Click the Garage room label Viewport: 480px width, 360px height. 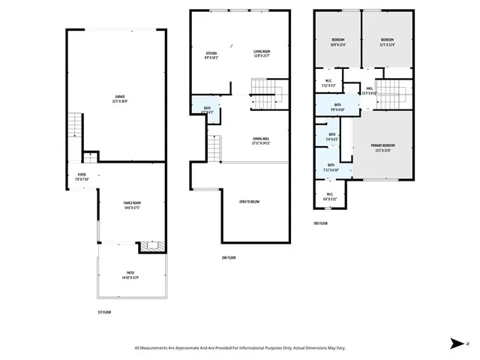pyautogui.click(x=120, y=99)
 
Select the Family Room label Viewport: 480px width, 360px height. pyautogui.click(x=132, y=205)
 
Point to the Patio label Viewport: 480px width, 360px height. pyautogui.click(x=130, y=274)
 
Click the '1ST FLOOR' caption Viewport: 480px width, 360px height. pyautogui.click(x=105, y=312)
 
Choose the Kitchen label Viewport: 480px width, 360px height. pyautogui.click(x=212, y=55)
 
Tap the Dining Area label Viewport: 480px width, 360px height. pyautogui.click(x=260, y=140)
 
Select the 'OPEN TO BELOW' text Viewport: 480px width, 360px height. pyautogui.click(x=250, y=202)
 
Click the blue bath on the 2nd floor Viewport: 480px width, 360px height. pyautogui.click(x=207, y=109)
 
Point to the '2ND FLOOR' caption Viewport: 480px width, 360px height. pyautogui.click(x=229, y=257)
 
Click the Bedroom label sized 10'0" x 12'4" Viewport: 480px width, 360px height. pyautogui.click(x=337, y=41)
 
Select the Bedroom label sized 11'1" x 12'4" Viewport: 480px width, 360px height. pyautogui.click(x=386, y=41)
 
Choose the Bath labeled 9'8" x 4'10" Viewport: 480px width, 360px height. pyautogui.click(x=337, y=107)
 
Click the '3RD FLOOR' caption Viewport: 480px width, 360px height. pyautogui.click(x=322, y=223)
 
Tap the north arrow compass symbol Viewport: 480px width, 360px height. pyautogui.click(x=458, y=343)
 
